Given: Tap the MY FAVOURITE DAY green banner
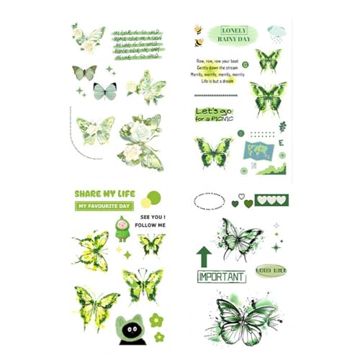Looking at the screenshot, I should tap(104, 206).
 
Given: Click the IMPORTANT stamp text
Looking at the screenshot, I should tap(222, 276).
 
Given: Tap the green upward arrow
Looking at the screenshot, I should tap(204, 254).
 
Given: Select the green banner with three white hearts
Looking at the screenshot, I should tap(271, 199).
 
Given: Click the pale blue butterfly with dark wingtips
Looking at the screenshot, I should tap(104, 90).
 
